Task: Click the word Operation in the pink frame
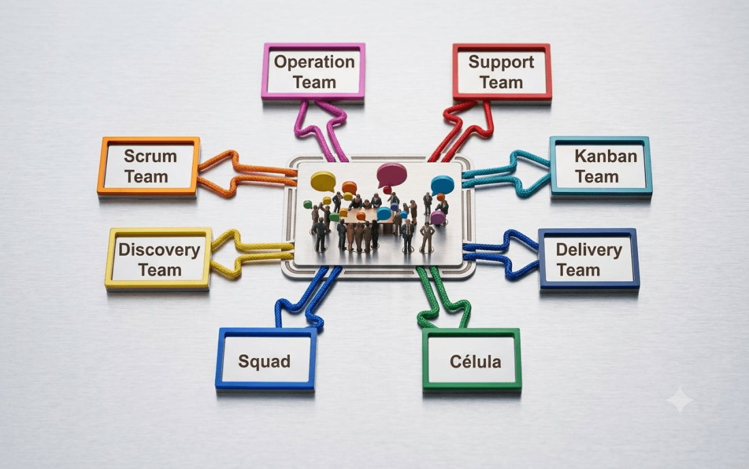tap(315, 62)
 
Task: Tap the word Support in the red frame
tap(501, 62)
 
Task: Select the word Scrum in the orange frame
tap(150, 156)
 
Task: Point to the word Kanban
tap(606, 156)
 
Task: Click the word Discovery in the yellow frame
tap(159, 250)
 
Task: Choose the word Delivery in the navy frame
tap(589, 249)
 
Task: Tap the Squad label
tap(264, 361)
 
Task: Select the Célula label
tap(475, 361)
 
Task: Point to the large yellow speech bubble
tap(323, 182)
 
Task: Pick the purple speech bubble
tap(438, 218)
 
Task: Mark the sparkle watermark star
tap(680, 400)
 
